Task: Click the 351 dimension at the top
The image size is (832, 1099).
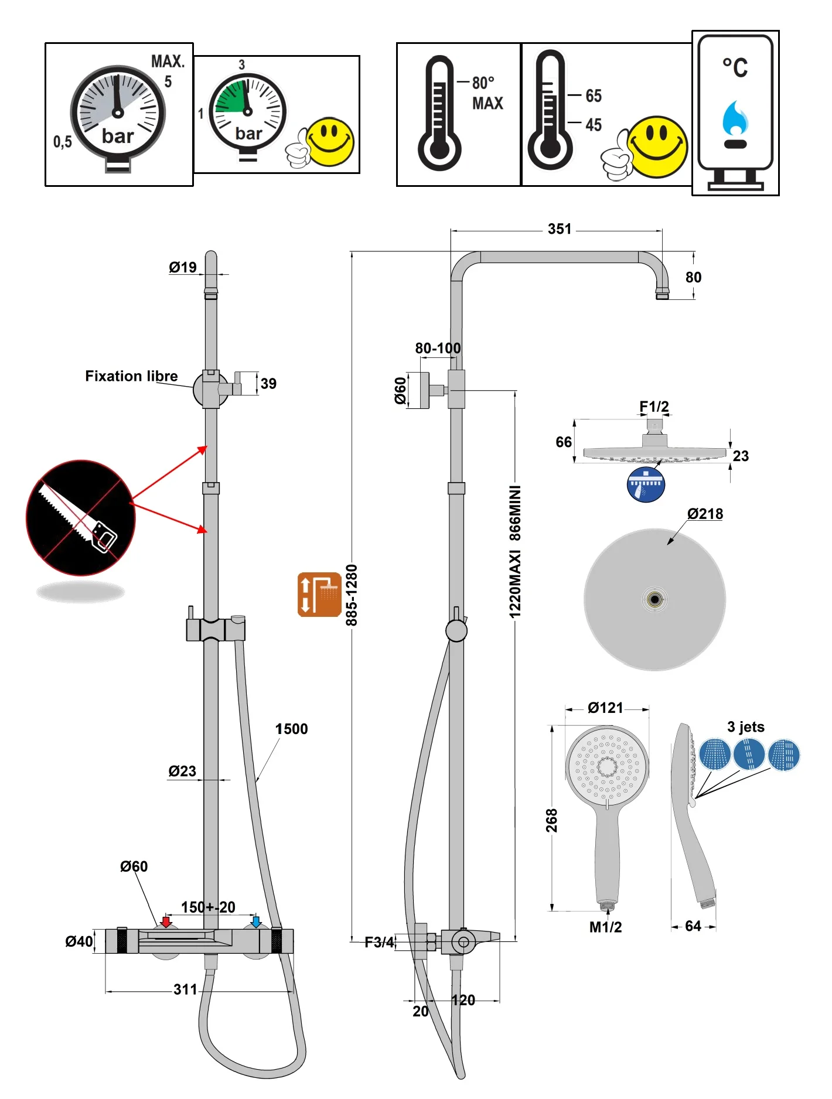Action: [560, 229]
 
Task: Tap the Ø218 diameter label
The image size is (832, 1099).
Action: [705, 514]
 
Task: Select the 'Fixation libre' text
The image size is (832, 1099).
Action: [131, 376]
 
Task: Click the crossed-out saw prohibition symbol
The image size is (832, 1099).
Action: [80, 518]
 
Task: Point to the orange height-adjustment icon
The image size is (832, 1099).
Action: [319, 595]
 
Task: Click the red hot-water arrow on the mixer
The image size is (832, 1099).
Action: [166, 922]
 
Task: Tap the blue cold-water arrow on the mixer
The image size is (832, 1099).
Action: [256, 921]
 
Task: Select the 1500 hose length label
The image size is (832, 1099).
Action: [291, 729]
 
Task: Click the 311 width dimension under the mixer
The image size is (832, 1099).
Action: [185, 989]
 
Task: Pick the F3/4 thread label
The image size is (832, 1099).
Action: [379, 942]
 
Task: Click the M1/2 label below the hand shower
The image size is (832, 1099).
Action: [605, 927]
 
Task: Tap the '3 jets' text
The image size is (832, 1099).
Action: [745, 727]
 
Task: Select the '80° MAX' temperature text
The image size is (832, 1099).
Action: [487, 93]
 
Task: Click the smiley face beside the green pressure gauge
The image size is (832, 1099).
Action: [330, 141]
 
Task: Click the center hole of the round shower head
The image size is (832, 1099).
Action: [654, 599]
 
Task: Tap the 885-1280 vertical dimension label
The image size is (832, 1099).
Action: [352, 595]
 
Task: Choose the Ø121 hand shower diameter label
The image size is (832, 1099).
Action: [605, 708]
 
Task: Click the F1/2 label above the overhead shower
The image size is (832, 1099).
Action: [654, 407]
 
